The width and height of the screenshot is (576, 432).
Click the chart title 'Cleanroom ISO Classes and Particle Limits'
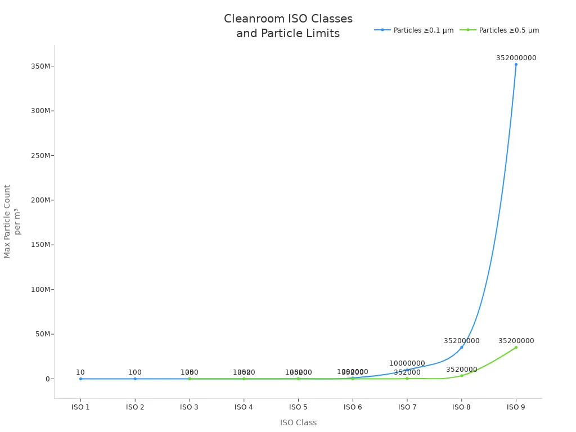click(288, 26)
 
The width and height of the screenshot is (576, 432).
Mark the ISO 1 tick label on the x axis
click(80, 407)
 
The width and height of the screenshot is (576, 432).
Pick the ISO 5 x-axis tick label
click(298, 407)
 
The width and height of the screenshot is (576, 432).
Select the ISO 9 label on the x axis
click(516, 407)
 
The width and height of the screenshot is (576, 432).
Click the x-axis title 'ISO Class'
click(298, 422)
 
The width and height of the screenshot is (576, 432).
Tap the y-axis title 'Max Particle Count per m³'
click(12, 222)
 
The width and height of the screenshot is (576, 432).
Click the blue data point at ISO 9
click(516, 64)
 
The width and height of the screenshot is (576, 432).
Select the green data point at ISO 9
click(516, 347)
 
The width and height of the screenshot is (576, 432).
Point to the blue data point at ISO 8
click(462, 347)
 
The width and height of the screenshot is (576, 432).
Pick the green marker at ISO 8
click(462, 376)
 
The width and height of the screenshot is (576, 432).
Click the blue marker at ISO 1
click(80, 379)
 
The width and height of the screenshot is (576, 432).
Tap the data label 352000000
click(516, 58)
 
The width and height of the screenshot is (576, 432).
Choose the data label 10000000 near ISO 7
click(407, 363)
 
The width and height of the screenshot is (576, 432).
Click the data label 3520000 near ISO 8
click(462, 370)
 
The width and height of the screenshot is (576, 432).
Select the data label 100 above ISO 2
click(135, 372)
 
